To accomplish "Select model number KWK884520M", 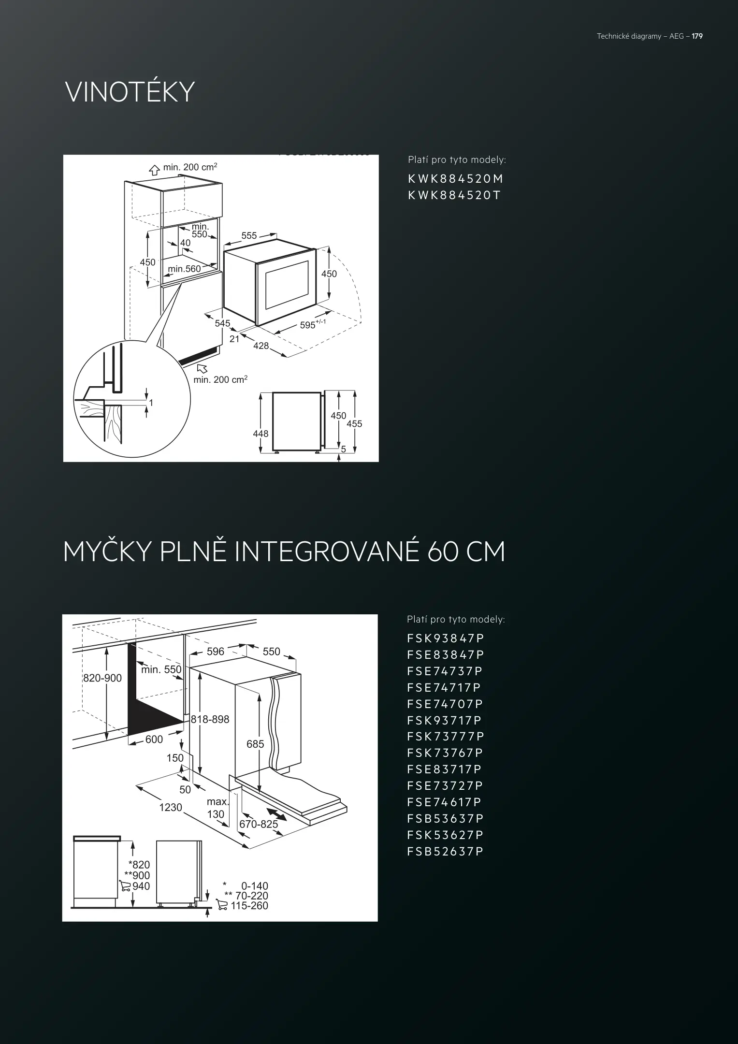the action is pos(456,179).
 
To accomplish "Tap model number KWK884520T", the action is pos(454,195).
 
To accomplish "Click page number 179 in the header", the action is pos(697,36).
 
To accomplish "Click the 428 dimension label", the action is pos(261,346).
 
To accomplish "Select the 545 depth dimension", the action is pos(222,323).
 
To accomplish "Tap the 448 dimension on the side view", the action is pos(260,434).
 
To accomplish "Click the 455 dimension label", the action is pos(354,424).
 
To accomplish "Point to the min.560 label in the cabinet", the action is pos(184,269).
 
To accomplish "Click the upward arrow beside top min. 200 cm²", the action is pos(154,170).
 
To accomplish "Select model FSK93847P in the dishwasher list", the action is pos(445,638).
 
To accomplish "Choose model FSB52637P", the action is pos(445,851).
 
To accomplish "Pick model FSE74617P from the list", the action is pos(444,802).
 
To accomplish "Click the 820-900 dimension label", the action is pos(102,678).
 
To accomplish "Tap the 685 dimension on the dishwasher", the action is pos(255,744).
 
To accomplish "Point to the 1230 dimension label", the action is pos(171,807).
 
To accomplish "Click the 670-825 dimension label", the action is pos(259,824).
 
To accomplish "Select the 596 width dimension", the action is pos(216,651).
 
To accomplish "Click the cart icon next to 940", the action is pos(125,886).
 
